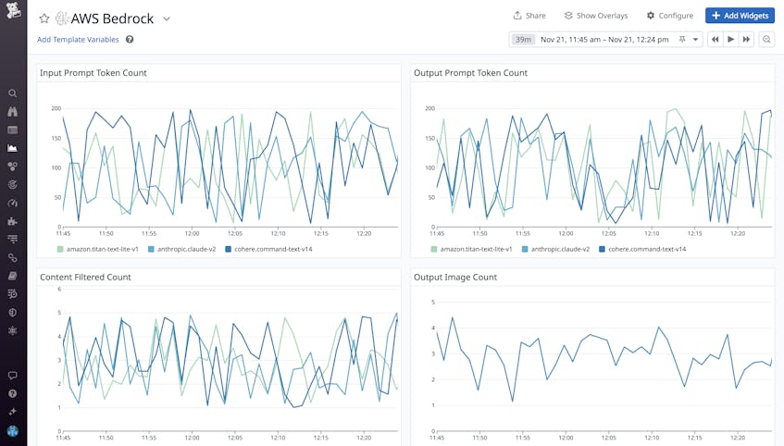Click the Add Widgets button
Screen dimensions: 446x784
(x=740, y=16)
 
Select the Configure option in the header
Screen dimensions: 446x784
(x=669, y=16)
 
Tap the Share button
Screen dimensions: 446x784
(x=529, y=16)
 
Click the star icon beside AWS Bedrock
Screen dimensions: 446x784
(x=44, y=19)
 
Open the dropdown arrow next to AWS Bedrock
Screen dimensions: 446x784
(x=167, y=19)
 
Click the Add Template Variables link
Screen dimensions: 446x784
(x=78, y=40)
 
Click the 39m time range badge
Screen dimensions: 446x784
(x=523, y=40)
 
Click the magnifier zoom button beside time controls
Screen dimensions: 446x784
(x=766, y=40)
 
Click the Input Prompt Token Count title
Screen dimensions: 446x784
(x=93, y=73)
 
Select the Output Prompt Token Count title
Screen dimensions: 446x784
(x=470, y=73)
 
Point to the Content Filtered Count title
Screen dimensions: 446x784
(x=85, y=277)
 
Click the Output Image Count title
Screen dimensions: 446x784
(x=457, y=277)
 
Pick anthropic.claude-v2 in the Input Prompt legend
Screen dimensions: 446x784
(x=186, y=249)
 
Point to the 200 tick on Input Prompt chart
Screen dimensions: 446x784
(x=55, y=109)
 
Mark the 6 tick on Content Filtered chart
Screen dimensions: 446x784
(x=58, y=289)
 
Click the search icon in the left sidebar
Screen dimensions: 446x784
(x=12, y=93)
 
